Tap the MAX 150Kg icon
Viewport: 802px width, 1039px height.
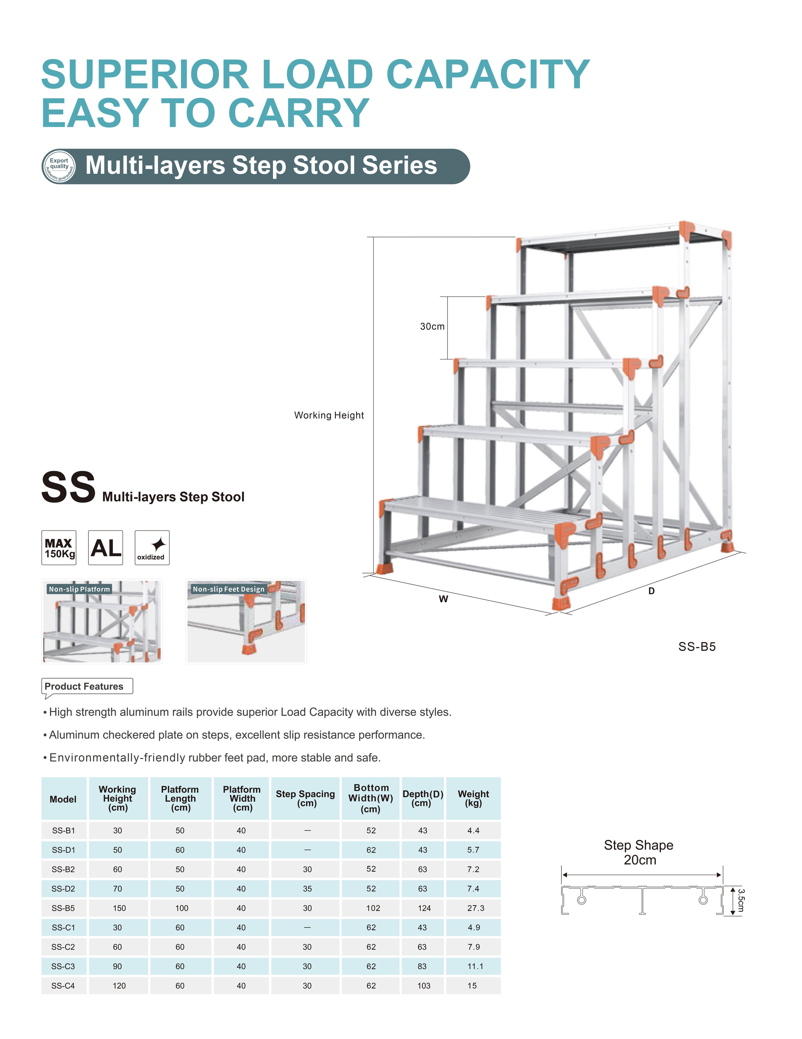coord(58,548)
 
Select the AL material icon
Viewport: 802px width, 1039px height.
coord(106,548)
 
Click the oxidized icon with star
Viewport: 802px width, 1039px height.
coord(152,548)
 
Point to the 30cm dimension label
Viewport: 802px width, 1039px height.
coord(432,326)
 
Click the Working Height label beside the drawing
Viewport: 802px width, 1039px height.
coord(328,415)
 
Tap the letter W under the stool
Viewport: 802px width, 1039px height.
coord(443,599)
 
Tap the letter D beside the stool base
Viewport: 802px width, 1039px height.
coord(651,591)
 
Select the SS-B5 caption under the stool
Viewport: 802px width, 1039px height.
coord(696,646)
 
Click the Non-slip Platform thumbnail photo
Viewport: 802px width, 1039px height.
coord(102,621)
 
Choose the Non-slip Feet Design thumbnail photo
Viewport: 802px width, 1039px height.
coord(246,621)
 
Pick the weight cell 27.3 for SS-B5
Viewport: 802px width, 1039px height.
coord(475,908)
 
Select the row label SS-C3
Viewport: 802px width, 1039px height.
coord(63,966)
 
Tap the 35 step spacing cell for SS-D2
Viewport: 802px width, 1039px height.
coord(307,889)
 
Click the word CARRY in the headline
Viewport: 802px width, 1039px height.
coord(298,113)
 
